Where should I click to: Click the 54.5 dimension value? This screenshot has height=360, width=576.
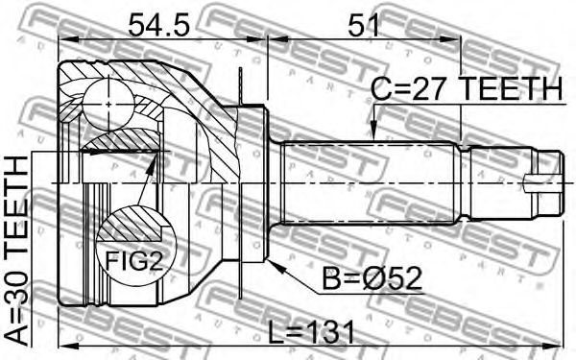tap(158, 25)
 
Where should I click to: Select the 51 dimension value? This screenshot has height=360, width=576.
tap(364, 25)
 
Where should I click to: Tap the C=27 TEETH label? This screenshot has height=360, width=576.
tap(467, 88)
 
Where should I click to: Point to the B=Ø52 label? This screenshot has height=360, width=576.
tap(372, 278)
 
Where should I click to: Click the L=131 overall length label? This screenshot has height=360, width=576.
tap(311, 332)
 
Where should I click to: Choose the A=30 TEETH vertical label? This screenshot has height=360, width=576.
tap(16, 251)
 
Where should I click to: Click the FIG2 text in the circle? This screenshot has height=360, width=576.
tap(133, 261)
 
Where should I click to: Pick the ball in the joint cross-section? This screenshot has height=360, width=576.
tap(108, 105)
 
